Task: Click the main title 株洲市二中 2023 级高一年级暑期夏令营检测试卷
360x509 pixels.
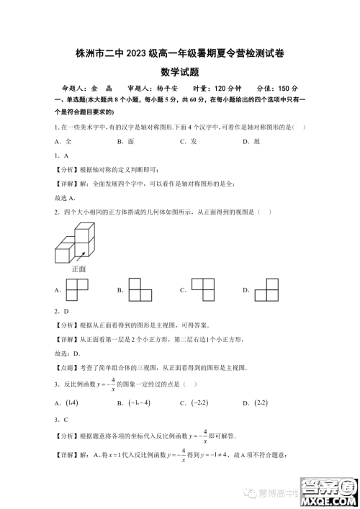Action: (x=179, y=53)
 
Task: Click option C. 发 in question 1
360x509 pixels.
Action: (x=189, y=141)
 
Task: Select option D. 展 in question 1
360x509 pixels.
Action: (x=251, y=141)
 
